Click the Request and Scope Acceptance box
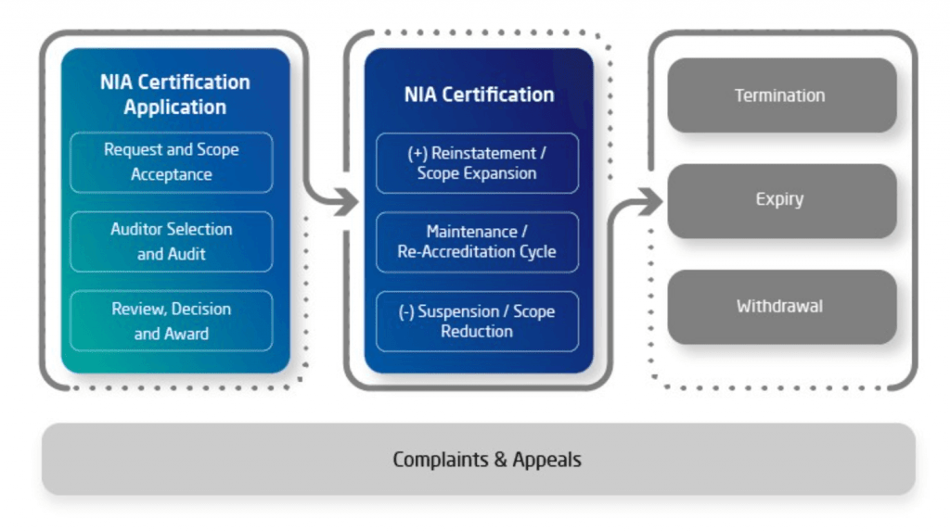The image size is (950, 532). click(x=171, y=162)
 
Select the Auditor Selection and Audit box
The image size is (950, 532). click(x=171, y=241)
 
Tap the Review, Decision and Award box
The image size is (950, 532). click(x=171, y=321)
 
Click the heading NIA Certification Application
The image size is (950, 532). click(x=175, y=95)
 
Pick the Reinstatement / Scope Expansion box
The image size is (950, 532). click(x=477, y=163)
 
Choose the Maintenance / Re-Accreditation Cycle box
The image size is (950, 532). click(x=477, y=242)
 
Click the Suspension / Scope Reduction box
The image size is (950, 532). click(x=477, y=322)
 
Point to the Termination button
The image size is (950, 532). click(x=781, y=95)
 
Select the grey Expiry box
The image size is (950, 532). click(x=781, y=200)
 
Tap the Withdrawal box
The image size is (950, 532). click(x=781, y=306)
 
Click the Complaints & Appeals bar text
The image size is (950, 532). click(x=487, y=460)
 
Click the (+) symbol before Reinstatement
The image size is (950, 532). click(x=417, y=154)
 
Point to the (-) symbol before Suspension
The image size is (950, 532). click(x=406, y=312)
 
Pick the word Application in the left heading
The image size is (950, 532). click(x=175, y=108)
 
